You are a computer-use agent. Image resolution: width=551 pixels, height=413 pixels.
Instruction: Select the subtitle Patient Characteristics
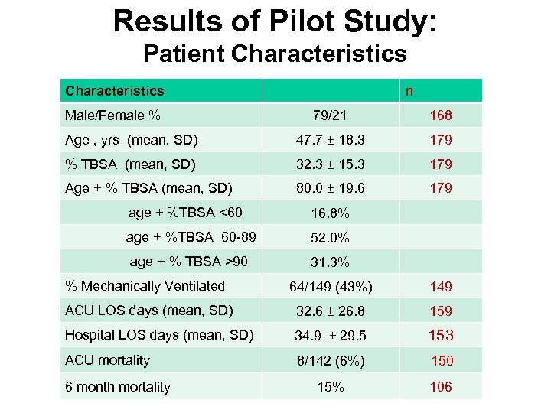[x=275, y=54]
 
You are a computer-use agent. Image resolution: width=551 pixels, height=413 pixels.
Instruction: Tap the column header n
[x=409, y=91]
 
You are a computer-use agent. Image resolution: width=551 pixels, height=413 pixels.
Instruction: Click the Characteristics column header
[x=115, y=91]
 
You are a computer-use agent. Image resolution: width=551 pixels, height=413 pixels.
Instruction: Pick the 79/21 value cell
[x=330, y=115]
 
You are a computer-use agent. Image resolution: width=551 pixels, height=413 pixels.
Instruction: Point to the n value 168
[x=441, y=116]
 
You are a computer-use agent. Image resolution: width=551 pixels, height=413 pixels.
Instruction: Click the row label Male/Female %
[x=113, y=115]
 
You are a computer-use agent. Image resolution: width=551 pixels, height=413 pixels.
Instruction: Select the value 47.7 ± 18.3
[x=331, y=140]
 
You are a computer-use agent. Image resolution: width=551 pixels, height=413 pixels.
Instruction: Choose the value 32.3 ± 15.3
[x=331, y=164]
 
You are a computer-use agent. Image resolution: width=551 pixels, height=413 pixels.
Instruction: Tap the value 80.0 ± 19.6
[x=331, y=188]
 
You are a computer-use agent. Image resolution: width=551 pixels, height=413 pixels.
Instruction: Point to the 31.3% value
[x=330, y=262]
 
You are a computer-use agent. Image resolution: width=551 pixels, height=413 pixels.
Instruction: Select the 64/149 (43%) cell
[x=331, y=287]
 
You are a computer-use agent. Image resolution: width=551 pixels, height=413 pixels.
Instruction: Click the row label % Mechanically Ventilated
[x=145, y=286]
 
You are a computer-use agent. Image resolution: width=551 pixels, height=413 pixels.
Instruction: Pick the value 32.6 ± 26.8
[x=331, y=311]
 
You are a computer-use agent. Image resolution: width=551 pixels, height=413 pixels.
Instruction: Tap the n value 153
[x=441, y=335]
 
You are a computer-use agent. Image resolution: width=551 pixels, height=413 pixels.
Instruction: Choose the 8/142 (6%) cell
[x=331, y=360]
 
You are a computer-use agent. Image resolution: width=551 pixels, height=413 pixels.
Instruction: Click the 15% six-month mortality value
[x=330, y=387]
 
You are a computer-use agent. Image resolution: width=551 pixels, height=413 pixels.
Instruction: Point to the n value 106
[x=441, y=387]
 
